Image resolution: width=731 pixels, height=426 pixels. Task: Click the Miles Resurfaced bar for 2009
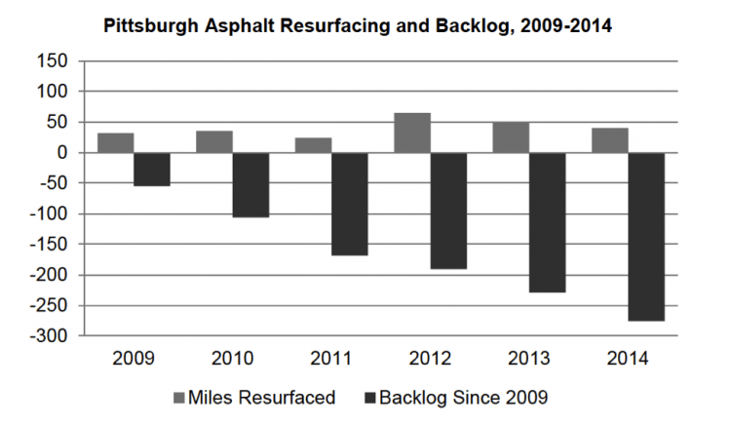tap(115, 143)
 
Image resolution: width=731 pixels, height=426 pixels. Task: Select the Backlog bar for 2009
tap(152, 170)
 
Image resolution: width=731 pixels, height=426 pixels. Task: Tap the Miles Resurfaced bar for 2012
tap(412, 133)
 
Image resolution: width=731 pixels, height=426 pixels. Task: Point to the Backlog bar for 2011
tap(350, 204)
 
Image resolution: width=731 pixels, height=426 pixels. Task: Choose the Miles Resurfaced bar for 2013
tap(511, 137)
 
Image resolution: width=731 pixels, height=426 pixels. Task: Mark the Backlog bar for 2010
tap(250, 185)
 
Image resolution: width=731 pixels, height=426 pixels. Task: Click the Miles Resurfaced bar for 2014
tap(609, 140)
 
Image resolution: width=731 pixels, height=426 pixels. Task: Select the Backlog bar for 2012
tap(448, 211)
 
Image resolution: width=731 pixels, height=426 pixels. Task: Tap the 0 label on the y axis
tap(61, 152)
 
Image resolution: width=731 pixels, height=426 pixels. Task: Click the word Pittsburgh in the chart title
tap(149, 26)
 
